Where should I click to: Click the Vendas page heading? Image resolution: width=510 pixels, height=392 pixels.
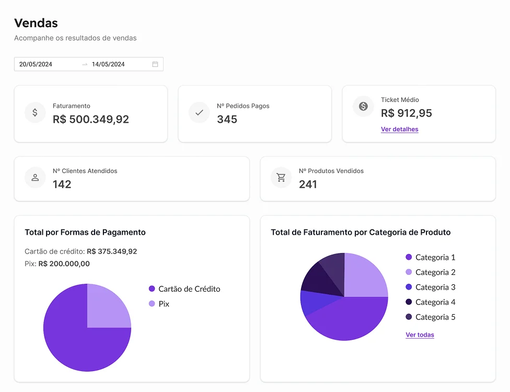pyautogui.click(x=36, y=23)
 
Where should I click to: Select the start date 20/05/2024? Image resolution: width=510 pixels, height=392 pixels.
pyautogui.click(x=36, y=64)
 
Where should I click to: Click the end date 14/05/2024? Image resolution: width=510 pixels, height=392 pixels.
pyautogui.click(x=108, y=64)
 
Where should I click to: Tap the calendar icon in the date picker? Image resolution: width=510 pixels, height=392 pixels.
pyautogui.click(x=155, y=64)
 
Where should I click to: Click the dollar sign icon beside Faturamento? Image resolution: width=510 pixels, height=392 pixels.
pyautogui.click(x=35, y=112)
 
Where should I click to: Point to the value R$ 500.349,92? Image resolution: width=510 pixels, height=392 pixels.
pyautogui.click(x=91, y=119)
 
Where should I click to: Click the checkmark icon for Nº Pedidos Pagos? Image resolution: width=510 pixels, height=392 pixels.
pyautogui.click(x=199, y=112)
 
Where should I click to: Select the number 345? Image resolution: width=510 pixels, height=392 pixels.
pyautogui.click(x=227, y=119)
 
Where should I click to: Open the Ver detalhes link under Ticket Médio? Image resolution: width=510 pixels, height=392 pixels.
pyautogui.click(x=399, y=129)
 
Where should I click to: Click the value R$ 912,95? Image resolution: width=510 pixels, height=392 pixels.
pyautogui.click(x=406, y=113)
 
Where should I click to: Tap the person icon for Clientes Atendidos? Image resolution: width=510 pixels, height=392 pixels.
pyautogui.click(x=35, y=178)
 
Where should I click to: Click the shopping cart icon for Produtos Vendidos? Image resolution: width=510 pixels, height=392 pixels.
pyautogui.click(x=281, y=178)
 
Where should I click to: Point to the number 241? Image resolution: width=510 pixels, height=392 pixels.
pyautogui.click(x=308, y=184)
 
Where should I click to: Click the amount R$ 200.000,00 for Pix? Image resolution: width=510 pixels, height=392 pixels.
pyautogui.click(x=64, y=264)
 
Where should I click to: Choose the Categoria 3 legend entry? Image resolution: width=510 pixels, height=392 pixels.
pyautogui.click(x=435, y=287)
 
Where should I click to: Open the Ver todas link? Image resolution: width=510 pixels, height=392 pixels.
pyautogui.click(x=420, y=335)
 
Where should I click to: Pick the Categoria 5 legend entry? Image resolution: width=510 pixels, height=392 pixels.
pyautogui.click(x=435, y=317)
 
